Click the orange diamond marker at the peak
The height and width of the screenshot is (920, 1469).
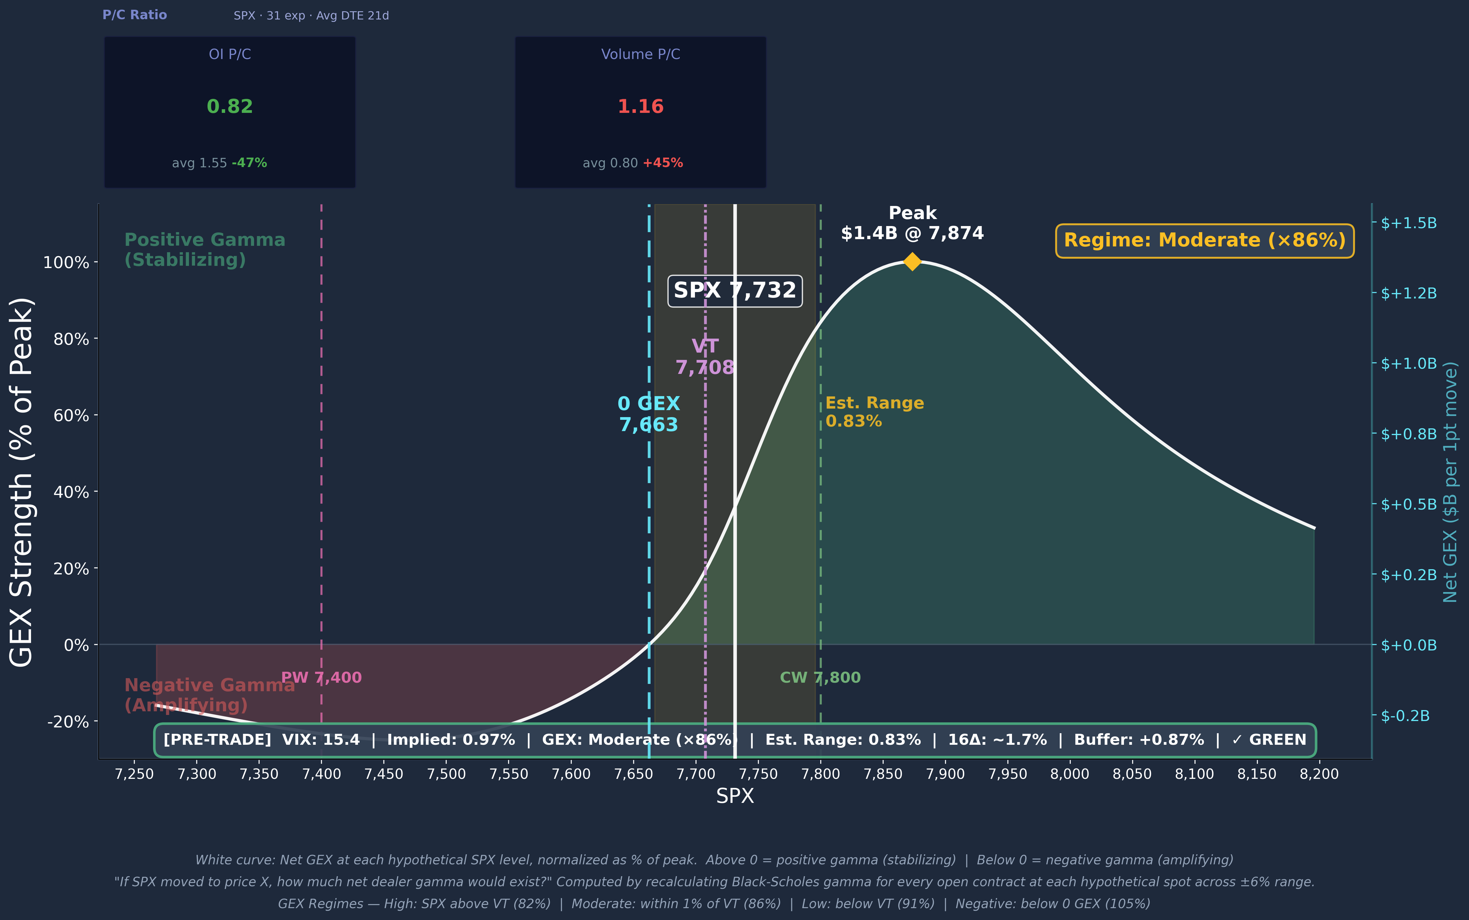[x=912, y=262]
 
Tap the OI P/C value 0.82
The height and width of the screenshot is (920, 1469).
[x=229, y=106]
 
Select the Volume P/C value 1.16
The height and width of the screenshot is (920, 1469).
[x=640, y=106]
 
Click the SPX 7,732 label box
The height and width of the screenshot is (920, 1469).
[x=734, y=291]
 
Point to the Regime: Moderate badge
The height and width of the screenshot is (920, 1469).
[x=1204, y=240]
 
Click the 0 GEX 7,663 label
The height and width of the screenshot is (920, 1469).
[x=649, y=414]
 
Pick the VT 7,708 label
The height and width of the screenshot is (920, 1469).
[x=705, y=357]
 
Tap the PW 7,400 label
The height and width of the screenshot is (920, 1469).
[x=321, y=677]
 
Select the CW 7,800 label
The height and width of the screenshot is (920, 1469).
[x=820, y=677]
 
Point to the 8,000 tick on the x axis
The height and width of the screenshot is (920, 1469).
[x=1069, y=774]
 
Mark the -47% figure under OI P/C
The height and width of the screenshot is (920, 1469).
[x=249, y=163]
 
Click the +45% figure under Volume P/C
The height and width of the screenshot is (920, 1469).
[x=663, y=163]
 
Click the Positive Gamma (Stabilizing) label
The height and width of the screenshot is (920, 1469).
[x=204, y=250]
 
